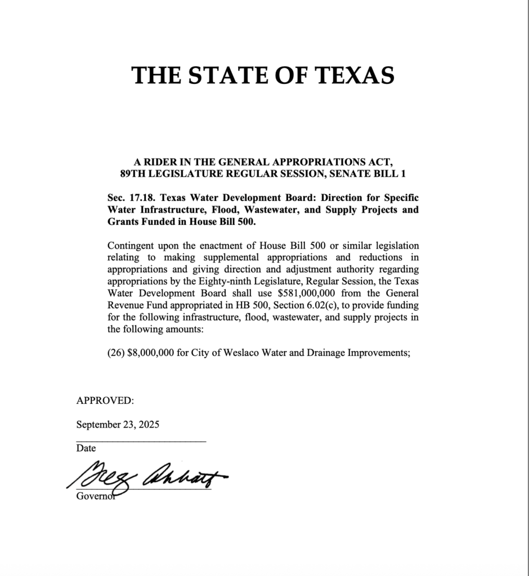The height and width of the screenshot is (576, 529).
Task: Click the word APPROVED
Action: pyautogui.click(x=105, y=401)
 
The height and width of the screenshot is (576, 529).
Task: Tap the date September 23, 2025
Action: pyautogui.click(x=118, y=425)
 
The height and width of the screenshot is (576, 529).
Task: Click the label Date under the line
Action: pyautogui.click(x=86, y=448)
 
